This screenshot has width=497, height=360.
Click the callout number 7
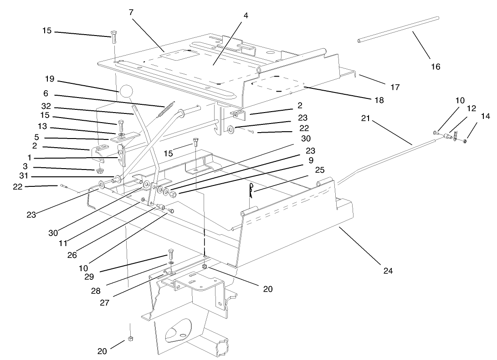[x=131, y=12]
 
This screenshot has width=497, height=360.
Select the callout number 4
[x=246, y=15]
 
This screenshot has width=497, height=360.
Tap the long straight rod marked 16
[x=398, y=30]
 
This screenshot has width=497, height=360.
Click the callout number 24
[x=388, y=271]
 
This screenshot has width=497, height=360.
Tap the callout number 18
[x=379, y=100]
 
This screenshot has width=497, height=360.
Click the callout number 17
[x=395, y=87]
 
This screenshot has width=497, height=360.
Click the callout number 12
[x=471, y=108]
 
